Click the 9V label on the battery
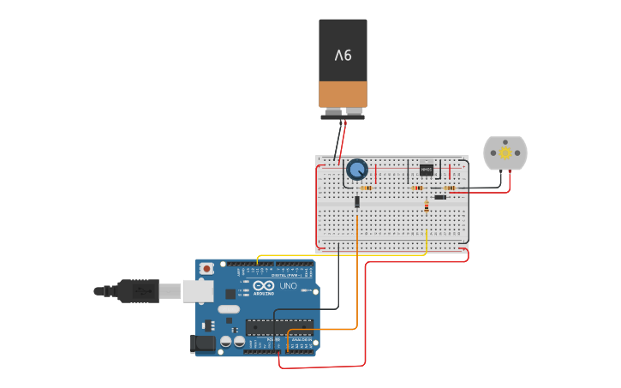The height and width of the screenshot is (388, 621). pos(343,56)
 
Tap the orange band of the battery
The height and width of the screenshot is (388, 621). pos(343,94)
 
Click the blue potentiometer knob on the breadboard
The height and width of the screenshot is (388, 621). pos(356,170)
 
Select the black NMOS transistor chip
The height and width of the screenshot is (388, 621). pos(427,170)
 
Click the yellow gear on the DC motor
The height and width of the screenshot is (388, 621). pos(505,152)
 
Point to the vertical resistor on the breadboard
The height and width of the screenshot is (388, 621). pos(427,206)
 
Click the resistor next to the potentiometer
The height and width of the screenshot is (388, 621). pos(367,188)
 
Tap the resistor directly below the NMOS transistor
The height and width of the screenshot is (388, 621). pos(418,188)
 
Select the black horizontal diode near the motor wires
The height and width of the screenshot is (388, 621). pos(440,197)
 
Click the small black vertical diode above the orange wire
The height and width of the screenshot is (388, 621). pos(356,202)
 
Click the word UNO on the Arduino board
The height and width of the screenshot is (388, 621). pos(289,286)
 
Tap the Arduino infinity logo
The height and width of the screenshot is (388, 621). pos(264,286)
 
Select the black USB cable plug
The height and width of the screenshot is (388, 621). pos(137,291)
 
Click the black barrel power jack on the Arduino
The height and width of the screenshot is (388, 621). pos(202,343)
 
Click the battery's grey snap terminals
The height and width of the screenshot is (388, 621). pos(343,112)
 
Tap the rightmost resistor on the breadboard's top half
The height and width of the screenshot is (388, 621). pos(449,188)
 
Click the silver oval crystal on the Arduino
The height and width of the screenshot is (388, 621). pos(229,308)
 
